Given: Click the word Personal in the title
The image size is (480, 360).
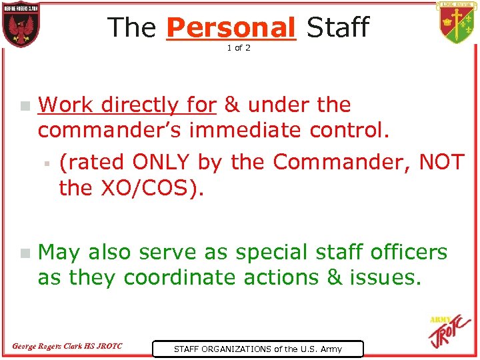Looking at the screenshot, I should (x=231, y=27).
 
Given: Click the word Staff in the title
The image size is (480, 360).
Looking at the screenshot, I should (x=337, y=27).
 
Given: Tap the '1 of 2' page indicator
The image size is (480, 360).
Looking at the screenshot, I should (x=239, y=48).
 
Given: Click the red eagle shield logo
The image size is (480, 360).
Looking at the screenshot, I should (x=21, y=25).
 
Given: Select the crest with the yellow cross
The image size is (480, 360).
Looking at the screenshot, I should (x=457, y=23).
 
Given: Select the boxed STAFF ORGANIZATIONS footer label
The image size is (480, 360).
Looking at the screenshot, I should (x=257, y=349).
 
